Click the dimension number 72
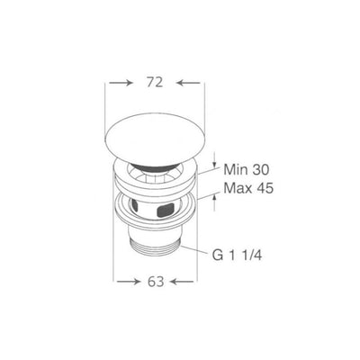[x=155, y=82]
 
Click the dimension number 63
[x=156, y=281]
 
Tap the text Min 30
[x=247, y=170]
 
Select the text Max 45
[x=248, y=188]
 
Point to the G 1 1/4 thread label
[x=238, y=256]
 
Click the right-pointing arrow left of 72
[x=121, y=83]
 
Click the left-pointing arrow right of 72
[x=188, y=83]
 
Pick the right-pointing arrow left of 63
[x=129, y=282]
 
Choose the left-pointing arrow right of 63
[x=182, y=282]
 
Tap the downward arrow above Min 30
[x=214, y=160]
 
